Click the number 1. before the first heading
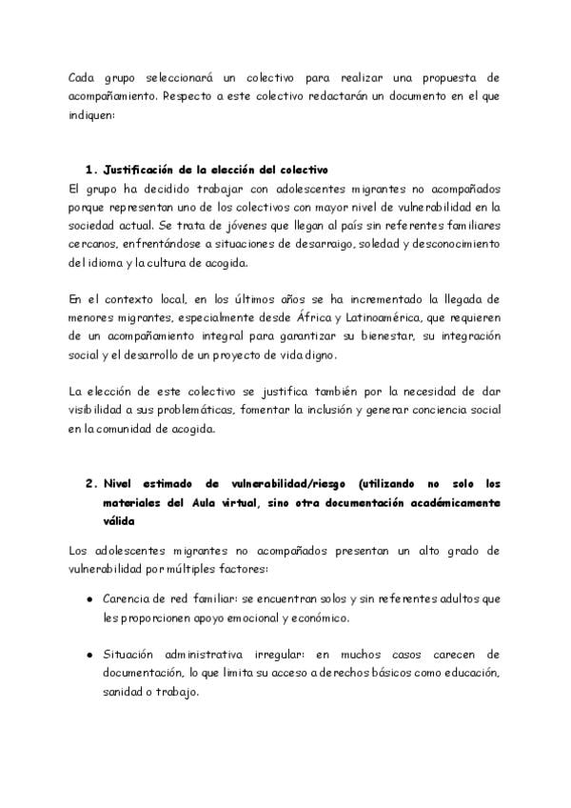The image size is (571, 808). pyautogui.click(x=91, y=170)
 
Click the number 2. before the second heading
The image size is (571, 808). pyautogui.click(x=91, y=483)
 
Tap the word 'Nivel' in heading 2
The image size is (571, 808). pyautogui.click(x=121, y=483)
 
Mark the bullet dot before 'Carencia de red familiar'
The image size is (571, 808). pyautogui.click(x=89, y=600)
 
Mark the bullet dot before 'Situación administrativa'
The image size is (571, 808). pyautogui.click(x=89, y=656)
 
